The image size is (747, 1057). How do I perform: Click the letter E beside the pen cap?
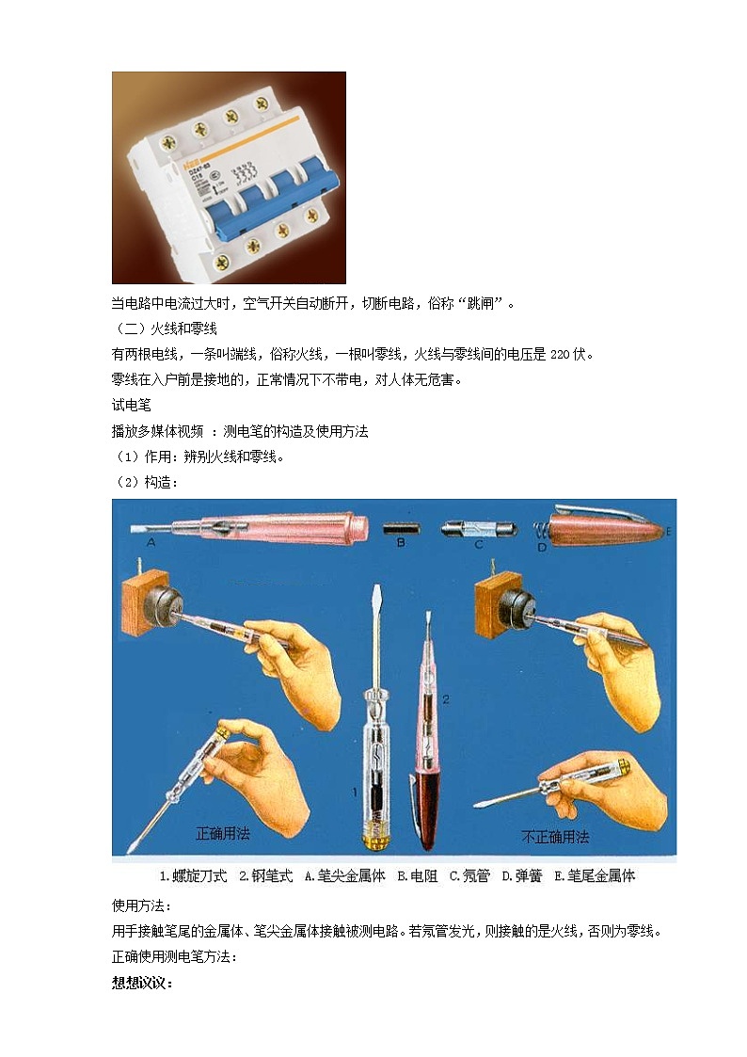[x=668, y=532]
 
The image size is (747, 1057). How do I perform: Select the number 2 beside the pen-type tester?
[x=446, y=698]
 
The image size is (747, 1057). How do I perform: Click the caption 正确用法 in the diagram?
[x=223, y=833]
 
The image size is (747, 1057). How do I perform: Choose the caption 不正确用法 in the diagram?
[x=555, y=836]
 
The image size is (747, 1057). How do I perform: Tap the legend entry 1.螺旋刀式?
[x=193, y=875]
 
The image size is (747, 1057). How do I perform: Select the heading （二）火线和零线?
[x=165, y=328]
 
